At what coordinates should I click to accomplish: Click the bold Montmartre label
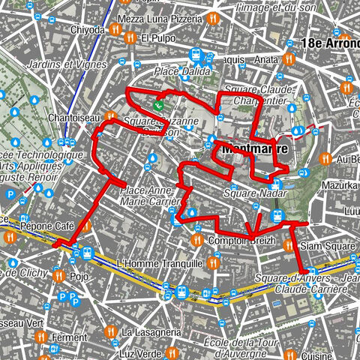pos(255,148)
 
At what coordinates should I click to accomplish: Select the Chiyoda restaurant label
pos(88,30)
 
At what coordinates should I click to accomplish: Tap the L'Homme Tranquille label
pos(160,263)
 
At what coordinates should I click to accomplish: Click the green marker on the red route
pos(159,106)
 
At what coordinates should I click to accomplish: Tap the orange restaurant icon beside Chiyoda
pos(115,30)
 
